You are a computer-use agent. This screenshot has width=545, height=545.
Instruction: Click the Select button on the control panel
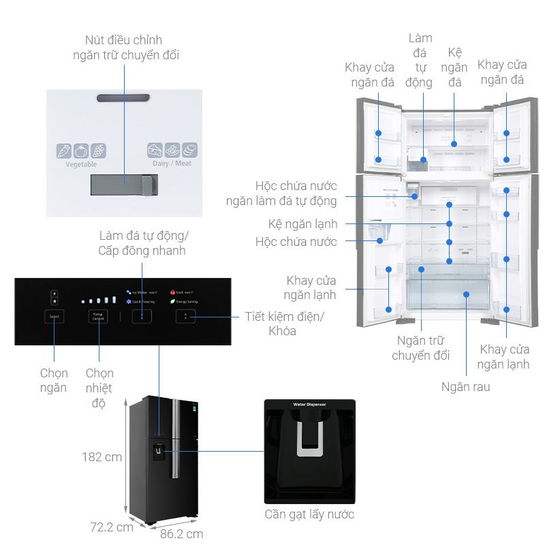pyautogui.click(x=54, y=317)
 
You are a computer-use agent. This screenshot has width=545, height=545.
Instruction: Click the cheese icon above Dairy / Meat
pyautogui.click(x=155, y=151)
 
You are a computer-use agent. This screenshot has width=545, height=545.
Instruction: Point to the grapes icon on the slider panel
pyautogui.click(x=99, y=151)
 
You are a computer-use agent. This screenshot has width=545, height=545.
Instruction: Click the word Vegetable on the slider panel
pyautogui.click(x=81, y=164)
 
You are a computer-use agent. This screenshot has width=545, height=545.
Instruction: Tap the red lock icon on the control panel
pyautogui.click(x=172, y=290)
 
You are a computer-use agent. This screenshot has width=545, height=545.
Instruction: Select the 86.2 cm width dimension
pyautogui.click(x=181, y=534)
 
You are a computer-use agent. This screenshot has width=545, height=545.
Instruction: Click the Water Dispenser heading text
pyautogui.click(x=309, y=405)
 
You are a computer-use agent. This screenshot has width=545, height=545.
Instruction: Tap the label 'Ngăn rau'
pyautogui.click(x=465, y=387)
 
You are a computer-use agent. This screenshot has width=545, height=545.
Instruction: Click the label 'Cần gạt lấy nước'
pyautogui.click(x=309, y=514)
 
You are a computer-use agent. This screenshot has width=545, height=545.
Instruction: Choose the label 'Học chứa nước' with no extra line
pyautogui.click(x=296, y=242)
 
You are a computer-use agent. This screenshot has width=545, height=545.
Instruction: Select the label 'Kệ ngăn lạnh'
pyautogui.click(x=302, y=223)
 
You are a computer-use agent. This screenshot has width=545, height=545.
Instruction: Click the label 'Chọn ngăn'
pyautogui.click(x=53, y=380)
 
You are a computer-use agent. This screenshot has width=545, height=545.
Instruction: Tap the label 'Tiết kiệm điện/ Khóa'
pyautogui.click(x=285, y=324)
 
